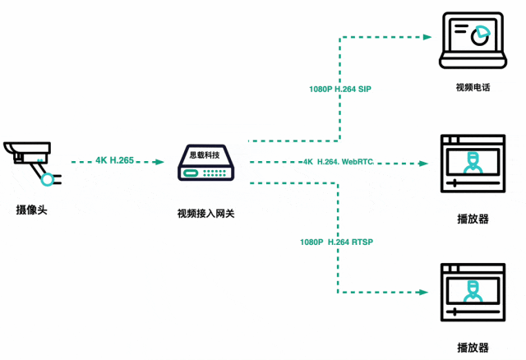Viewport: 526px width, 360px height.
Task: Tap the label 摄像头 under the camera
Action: click(x=31, y=210)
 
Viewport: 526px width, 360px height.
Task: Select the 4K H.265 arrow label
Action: click(x=114, y=160)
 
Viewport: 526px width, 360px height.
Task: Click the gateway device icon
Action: click(x=206, y=163)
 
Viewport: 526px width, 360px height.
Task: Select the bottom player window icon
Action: click(x=472, y=293)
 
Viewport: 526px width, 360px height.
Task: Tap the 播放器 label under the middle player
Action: click(x=473, y=219)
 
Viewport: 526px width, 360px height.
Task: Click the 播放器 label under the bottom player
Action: click(x=473, y=348)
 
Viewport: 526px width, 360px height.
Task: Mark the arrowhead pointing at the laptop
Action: click(x=427, y=36)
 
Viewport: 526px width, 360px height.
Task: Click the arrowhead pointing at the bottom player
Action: click(x=427, y=293)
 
